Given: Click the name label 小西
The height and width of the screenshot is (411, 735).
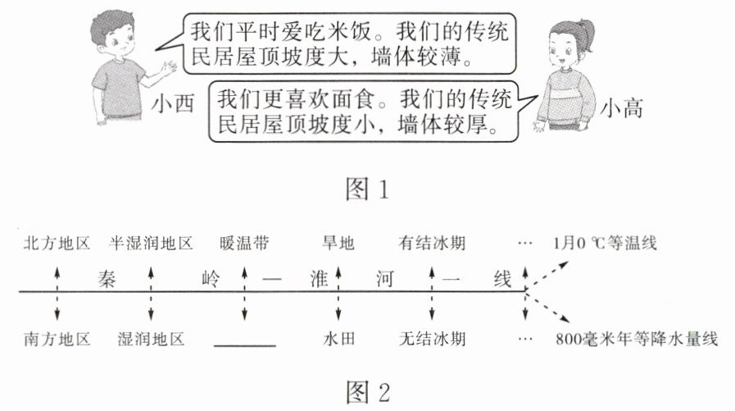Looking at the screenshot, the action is pos(173,103).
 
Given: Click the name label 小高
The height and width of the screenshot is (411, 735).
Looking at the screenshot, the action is pos(621,108).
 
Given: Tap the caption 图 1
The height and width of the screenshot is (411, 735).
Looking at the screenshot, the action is pos(367,189).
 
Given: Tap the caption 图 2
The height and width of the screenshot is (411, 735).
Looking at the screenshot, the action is pos(367,392).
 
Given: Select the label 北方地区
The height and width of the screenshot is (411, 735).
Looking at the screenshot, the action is pos(57,243).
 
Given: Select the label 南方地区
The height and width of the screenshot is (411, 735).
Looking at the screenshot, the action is pos(57,339).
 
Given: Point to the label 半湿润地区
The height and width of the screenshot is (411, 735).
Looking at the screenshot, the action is pos(151,243).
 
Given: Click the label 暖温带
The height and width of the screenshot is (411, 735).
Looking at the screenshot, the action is pos(244,243).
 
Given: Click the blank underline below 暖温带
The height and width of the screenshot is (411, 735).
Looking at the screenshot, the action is pos(245,346).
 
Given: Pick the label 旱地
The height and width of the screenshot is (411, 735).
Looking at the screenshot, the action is pos(338,243).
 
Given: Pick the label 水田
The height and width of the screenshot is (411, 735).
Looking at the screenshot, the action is pos(338,339).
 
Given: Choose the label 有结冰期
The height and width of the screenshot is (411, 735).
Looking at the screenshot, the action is pos(432,243).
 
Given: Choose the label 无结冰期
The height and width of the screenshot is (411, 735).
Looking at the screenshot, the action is pos(432,339).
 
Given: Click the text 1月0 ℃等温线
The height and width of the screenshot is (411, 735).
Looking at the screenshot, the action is pos(605,243).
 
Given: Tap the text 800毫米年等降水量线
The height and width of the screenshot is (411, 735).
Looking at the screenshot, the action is pos(637,339).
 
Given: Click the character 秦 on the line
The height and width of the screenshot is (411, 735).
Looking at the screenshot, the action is pos(107,279).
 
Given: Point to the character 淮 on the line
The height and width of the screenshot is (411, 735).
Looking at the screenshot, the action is pos(319,279).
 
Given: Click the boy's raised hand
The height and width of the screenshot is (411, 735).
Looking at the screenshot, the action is pos(168,69).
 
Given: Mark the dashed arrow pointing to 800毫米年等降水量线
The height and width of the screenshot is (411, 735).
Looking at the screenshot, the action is pos(547,307).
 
